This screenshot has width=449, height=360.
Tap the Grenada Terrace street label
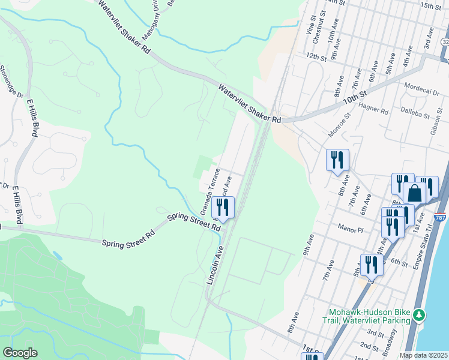(211, 191)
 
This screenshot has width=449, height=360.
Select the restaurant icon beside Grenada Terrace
(223, 208)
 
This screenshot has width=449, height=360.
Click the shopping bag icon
(414, 193)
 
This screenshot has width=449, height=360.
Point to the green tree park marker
(421, 314)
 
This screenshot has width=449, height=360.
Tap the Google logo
(20, 353)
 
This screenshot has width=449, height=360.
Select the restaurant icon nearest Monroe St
(337, 160)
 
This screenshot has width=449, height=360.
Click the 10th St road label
(354, 96)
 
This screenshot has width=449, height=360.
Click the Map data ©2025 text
(423, 355)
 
